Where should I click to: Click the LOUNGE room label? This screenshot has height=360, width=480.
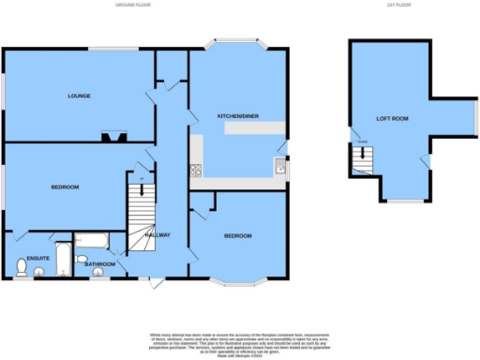tap(79, 97)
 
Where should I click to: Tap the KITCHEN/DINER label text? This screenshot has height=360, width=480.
tap(238, 114)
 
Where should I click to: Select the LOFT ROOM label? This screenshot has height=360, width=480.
tap(393, 119)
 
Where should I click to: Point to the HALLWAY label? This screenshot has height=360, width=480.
tap(157, 234)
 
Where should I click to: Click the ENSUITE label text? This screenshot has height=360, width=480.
tap(37, 257)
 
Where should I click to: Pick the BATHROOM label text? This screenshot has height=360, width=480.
tap(100, 263)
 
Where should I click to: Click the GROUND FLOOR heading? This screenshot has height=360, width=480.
tap(133, 6)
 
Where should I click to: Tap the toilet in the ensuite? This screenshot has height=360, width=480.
tap(21, 269)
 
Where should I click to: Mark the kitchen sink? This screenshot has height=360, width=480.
tap(279, 168)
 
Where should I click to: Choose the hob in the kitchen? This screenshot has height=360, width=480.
tap(196, 171)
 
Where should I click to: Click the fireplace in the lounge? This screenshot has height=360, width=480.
tap(117, 139)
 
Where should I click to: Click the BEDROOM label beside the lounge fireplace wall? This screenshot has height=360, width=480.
tap(65, 187)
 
